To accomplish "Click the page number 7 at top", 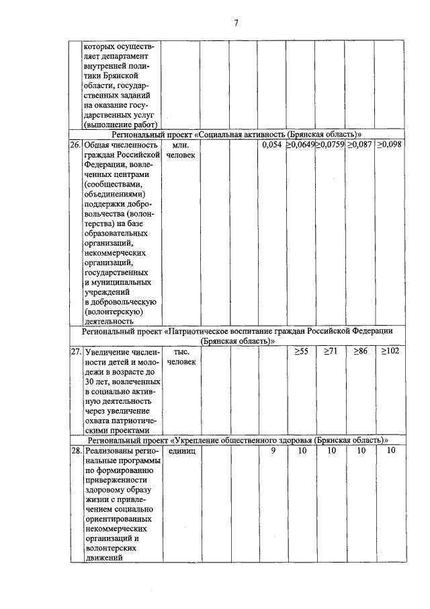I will point(236,24).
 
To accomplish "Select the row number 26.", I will point(76,145).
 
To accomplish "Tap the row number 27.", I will point(76,351).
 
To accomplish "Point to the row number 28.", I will point(76,450).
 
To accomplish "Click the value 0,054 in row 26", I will point(272,145).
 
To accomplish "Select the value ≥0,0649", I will point(300,145).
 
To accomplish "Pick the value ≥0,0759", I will point(330,145).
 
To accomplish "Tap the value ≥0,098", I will point(389,145).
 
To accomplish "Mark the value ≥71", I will point(330,351).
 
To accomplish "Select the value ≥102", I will point(389,351).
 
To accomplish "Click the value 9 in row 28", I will point(273,450).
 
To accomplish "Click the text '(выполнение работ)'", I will point(120,124).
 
